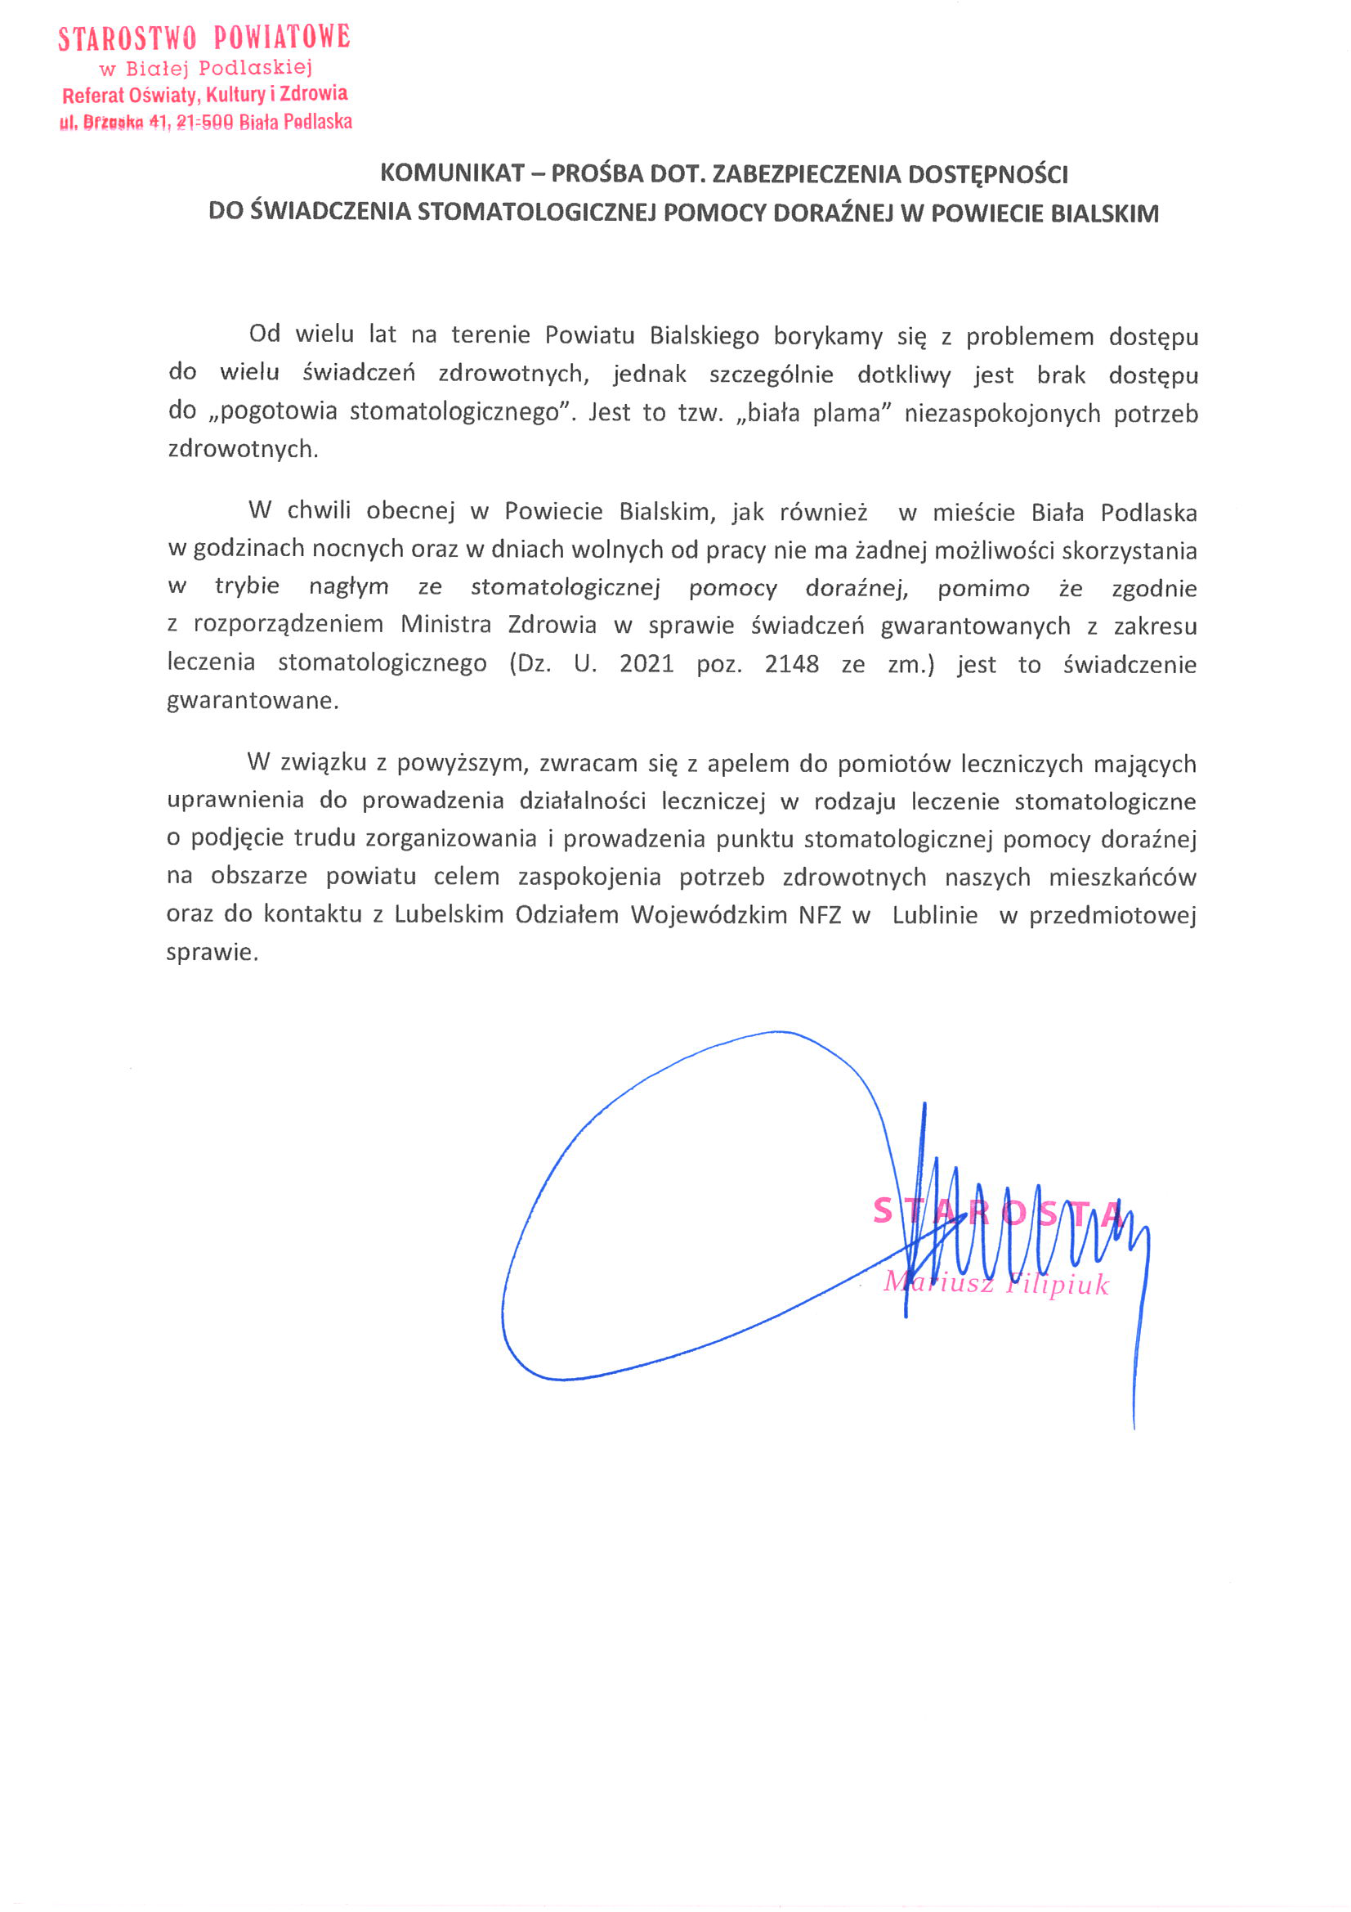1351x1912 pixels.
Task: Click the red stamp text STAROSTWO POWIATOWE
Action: coord(204,38)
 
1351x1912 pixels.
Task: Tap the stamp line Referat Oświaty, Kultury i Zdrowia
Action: coord(205,94)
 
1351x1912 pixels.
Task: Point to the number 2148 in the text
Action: coord(791,664)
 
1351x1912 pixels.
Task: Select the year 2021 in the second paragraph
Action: coord(646,664)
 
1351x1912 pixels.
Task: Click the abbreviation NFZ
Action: coord(820,914)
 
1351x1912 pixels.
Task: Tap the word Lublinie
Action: coord(934,914)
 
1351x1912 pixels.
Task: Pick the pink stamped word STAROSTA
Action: coord(998,1212)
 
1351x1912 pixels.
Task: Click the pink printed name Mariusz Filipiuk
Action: coord(995,1283)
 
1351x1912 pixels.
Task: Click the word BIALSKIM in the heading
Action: coord(1104,213)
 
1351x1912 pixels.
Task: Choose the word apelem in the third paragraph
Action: coord(749,764)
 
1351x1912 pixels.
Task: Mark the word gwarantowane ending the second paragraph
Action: coord(253,700)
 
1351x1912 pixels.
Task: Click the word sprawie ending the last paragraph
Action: coord(212,952)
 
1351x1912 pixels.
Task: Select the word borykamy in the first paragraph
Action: coord(827,335)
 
